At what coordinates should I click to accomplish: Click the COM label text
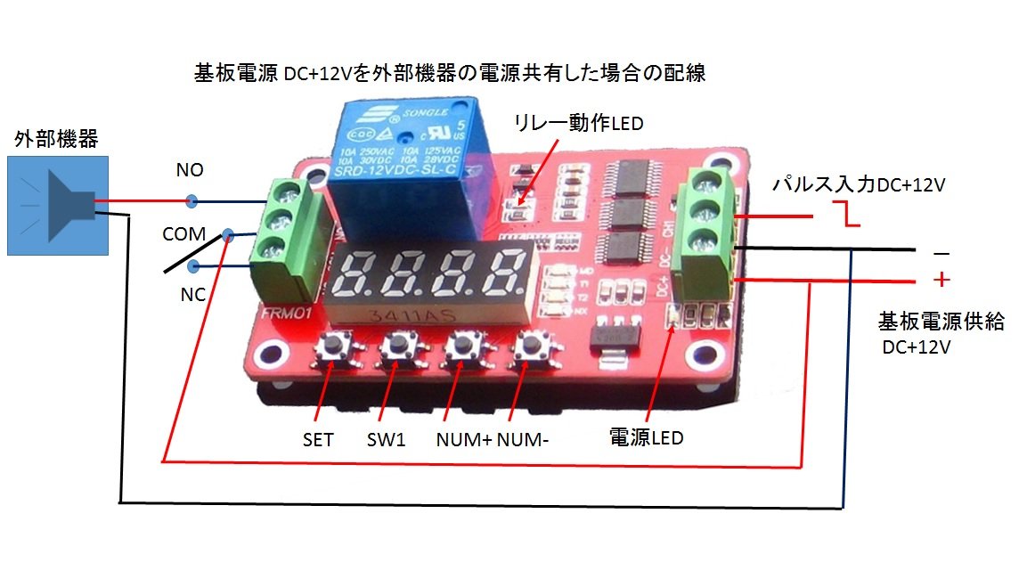[x=183, y=234]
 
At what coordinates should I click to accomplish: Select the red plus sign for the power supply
[x=941, y=281]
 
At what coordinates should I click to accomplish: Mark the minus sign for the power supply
[x=941, y=253]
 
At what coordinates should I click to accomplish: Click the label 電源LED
[x=645, y=437]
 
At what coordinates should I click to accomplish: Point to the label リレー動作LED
[x=578, y=123]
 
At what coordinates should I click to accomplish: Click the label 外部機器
[x=57, y=139]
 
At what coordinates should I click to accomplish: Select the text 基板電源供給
[x=941, y=321]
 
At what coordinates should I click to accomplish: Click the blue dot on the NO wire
[x=191, y=200]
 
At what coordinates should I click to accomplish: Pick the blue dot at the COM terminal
[x=229, y=235]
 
